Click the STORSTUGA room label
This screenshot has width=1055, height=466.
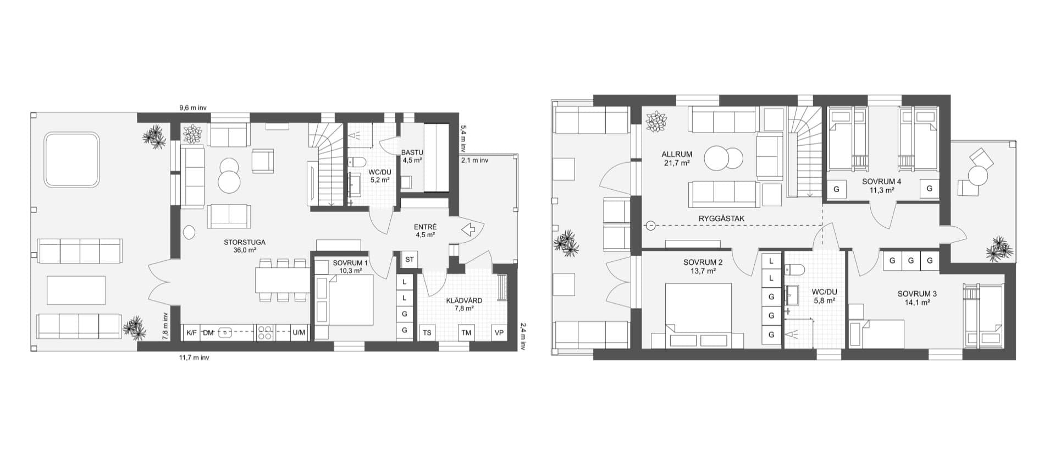click(x=245, y=242)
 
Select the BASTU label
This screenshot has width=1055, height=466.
click(x=412, y=152)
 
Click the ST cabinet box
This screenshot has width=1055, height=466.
click(x=409, y=259)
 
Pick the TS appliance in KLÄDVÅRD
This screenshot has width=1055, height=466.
click(x=427, y=332)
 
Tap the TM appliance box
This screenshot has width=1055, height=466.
click(x=466, y=332)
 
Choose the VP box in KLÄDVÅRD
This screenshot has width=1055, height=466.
click(x=499, y=332)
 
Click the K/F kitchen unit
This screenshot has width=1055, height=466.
click(x=191, y=332)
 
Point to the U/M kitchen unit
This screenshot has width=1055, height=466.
click(x=299, y=332)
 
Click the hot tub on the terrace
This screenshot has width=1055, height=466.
click(x=71, y=160)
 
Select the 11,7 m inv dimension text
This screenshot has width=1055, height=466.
click(x=194, y=358)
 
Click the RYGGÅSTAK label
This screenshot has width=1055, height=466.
click(x=721, y=218)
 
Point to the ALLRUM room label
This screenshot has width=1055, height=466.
click(x=677, y=155)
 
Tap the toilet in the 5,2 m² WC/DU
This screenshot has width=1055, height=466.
click(x=357, y=162)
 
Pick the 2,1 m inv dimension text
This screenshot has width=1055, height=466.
click(x=474, y=161)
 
